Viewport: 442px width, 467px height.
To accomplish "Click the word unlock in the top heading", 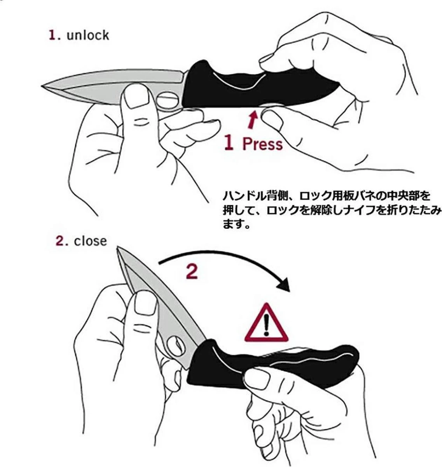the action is point(88,36).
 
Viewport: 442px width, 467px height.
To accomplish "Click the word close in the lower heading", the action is point(91,242).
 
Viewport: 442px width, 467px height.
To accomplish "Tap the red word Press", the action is point(262,144).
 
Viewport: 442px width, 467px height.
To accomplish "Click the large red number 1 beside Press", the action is point(229,143).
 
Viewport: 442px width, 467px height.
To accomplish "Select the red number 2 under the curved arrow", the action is point(192,272).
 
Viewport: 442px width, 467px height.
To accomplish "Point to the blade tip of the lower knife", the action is point(117,248).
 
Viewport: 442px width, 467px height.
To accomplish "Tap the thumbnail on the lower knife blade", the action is point(145,302).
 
